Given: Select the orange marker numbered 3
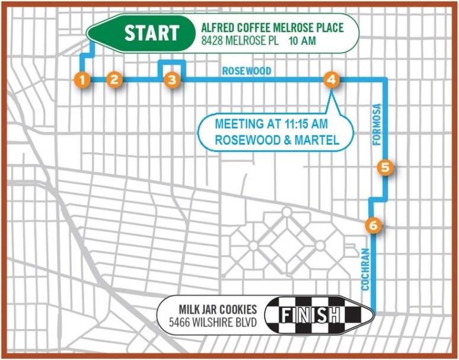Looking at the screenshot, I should (x=171, y=79).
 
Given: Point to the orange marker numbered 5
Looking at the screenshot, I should (x=385, y=168).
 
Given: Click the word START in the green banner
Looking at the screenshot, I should (x=151, y=33).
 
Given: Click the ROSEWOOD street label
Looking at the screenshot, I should (x=247, y=71).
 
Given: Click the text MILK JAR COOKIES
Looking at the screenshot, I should (x=218, y=310).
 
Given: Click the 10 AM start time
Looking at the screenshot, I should (x=302, y=41).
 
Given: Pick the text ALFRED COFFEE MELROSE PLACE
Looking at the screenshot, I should (x=272, y=27).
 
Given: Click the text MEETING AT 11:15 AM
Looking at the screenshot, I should (x=271, y=125).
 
